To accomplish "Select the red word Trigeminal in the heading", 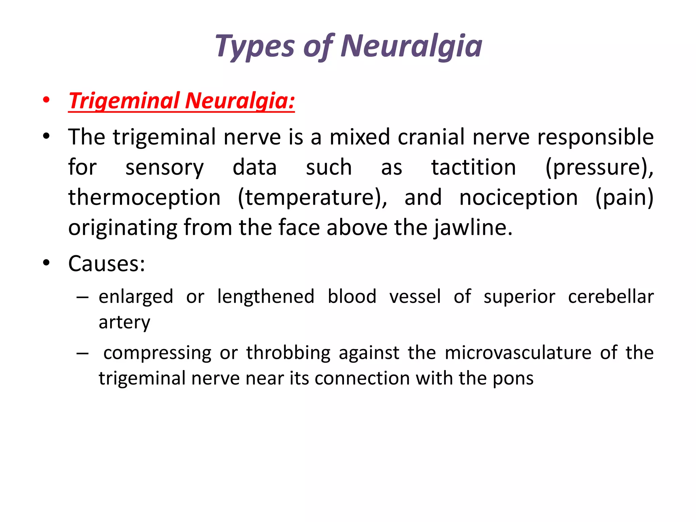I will [x=124, y=101].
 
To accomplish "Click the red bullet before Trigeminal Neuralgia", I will [x=47, y=100].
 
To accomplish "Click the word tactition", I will [x=474, y=167].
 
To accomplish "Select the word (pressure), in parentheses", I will [x=599, y=167].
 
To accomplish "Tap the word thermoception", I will [x=144, y=197].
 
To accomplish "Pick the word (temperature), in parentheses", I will [x=312, y=197].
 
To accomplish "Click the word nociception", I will [x=519, y=197].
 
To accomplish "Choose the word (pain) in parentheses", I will [x=625, y=197].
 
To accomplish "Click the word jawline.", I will [x=473, y=227].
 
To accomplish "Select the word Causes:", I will [x=107, y=263].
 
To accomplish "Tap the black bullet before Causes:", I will [x=47, y=263].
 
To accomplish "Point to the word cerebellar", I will [x=611, y=297].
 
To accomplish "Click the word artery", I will [x=124, y=322].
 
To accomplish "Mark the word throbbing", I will [x=288, y=352].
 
